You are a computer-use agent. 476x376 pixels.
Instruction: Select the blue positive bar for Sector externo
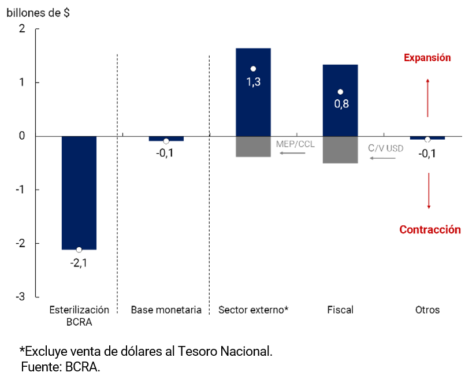[254, 110]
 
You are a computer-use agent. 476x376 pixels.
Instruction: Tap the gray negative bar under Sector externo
[254, 146]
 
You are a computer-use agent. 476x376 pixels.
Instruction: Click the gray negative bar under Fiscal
[340, 150]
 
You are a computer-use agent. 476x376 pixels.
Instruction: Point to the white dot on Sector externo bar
[253, 69]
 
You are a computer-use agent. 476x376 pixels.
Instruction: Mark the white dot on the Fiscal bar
[340, 92]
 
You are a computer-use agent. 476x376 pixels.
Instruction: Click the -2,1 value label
[79, 263]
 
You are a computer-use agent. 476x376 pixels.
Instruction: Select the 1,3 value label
[254, 82]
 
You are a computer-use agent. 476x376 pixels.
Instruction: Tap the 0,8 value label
[340, 105]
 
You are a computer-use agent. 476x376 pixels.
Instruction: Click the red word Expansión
[427, 58]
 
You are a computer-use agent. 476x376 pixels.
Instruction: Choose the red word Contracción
[430, 230]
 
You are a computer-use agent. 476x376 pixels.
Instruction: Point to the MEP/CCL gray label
[296, 144]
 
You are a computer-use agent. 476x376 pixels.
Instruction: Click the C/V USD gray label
[386, 148]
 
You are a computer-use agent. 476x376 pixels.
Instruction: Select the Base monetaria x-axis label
[166, 310]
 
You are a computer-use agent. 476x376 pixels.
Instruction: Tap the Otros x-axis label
[427, 310]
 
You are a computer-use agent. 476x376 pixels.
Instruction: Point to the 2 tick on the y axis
[23, 29]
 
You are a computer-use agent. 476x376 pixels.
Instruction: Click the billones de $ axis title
[38, 13]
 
